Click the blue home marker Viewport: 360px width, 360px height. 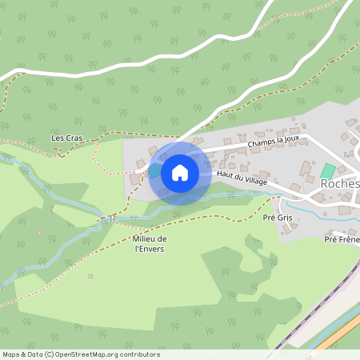(180, 173)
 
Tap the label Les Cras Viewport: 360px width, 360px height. (67, 138)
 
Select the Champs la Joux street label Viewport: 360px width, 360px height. (274, 142)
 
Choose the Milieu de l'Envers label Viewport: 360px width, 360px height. (150, 244)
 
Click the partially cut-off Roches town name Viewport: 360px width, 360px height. (340, 182)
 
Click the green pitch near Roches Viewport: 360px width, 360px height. (328, 170)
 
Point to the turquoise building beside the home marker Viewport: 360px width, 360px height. (154, 170)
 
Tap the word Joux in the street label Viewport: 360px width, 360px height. (290, 138)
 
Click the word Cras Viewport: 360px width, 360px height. (74, 138)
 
